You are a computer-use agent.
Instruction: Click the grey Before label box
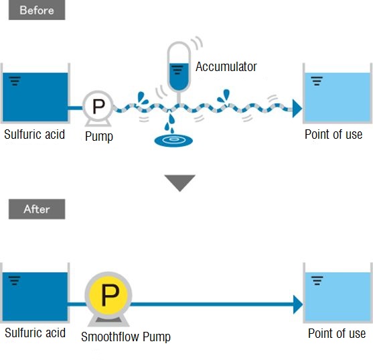point(37,10)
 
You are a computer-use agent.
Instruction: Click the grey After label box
point(37,209)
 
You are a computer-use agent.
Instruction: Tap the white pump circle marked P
point(98,106)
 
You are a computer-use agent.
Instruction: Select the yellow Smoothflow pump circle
point(108,295)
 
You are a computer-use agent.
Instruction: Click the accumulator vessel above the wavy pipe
point(179,66)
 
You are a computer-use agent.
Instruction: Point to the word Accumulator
point(226,66)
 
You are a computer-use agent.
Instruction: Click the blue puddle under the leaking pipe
point(173,141)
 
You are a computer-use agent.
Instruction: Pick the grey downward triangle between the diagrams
point(180,183)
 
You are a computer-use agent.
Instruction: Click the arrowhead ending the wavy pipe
point(297,109)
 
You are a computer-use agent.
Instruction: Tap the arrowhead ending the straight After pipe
point(298,304)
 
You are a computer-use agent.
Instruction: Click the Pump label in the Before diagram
point(99,137)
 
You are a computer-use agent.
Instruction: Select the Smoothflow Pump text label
point(126,337)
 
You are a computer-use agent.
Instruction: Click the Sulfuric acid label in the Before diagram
point(35,134)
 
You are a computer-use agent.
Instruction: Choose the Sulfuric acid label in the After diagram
point(35,333)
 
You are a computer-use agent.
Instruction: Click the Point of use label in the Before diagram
point(333,134)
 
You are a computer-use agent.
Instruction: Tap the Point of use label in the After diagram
point(337,333)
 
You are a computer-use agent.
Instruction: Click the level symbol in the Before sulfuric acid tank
point(15,81)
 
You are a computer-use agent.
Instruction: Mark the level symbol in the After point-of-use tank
point(317,280)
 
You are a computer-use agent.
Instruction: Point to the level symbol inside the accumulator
point(177,70)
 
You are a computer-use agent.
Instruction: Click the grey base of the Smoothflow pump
point(108,321)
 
